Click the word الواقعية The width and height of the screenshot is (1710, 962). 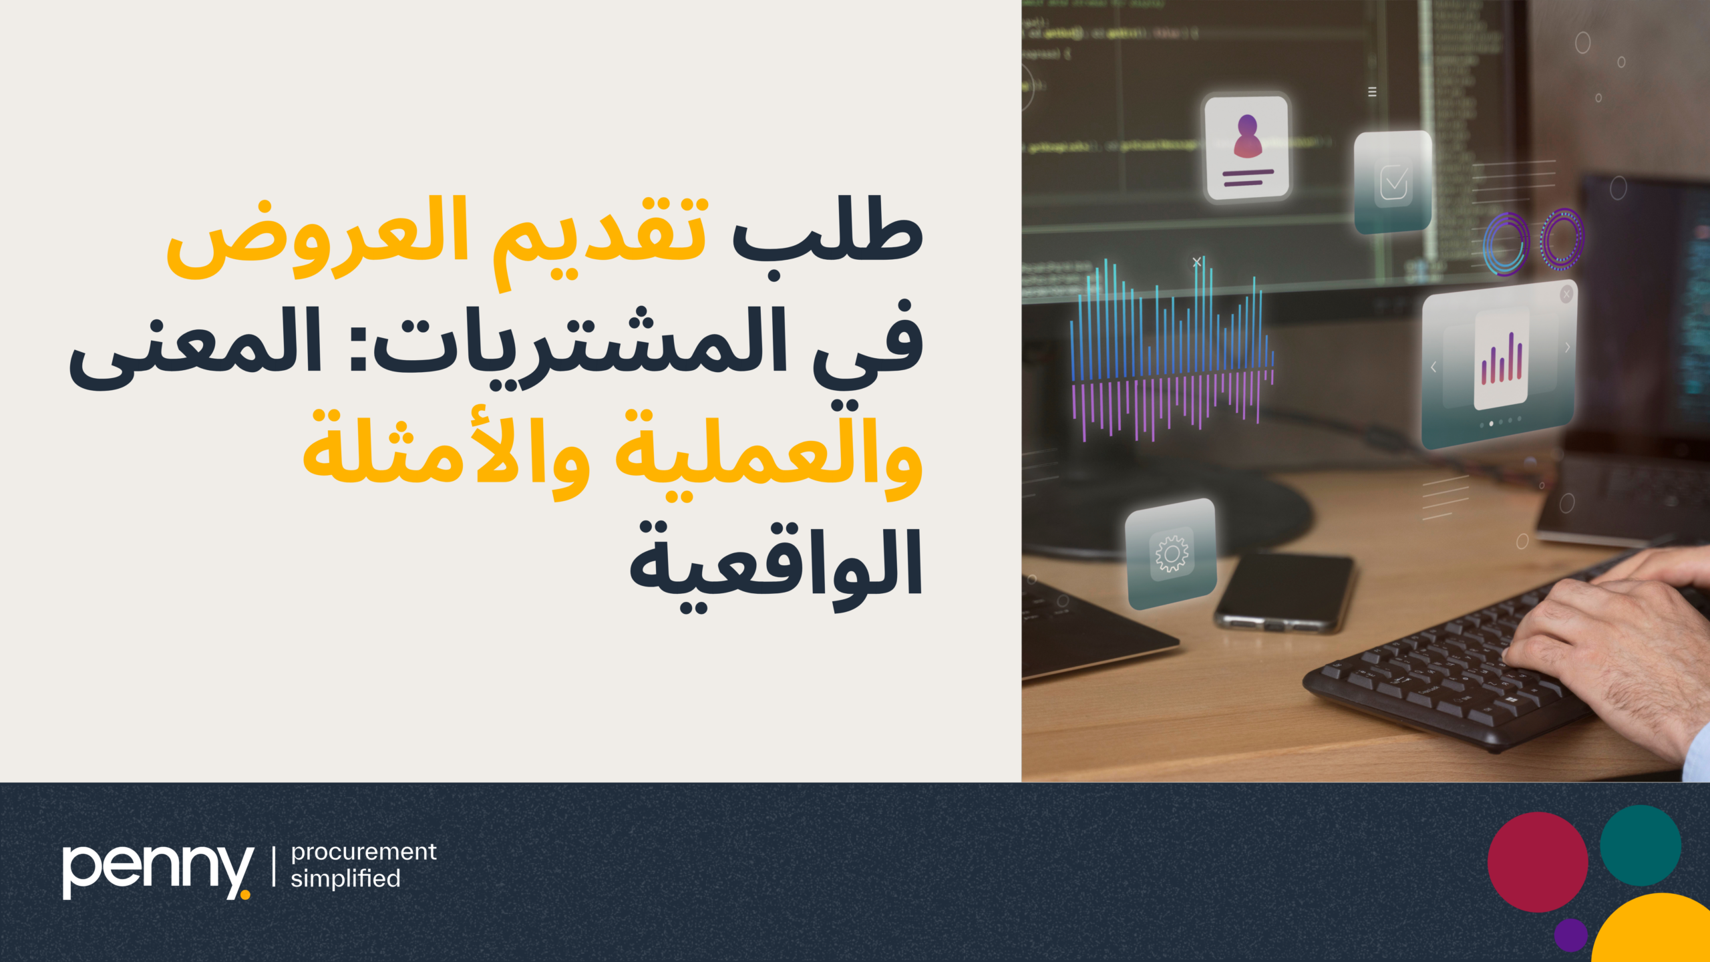pyautogui.click(x=775, y=565)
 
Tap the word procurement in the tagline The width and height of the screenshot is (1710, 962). pyautogui.click(x=363, y=852)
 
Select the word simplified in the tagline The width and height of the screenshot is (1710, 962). pyautogui.click(x=345, y=878)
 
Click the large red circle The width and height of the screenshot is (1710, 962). pyautogui.click(x=1537, y=862)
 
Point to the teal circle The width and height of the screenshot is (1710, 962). pyautogui.click(x=1640, y=845)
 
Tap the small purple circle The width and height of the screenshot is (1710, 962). pyautogui.click(x=1570, y=934)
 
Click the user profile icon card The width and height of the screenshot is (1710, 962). pyautogui.click(x=1246, y=147)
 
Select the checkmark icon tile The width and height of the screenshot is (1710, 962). pyautogui.click(x=1393, y=182)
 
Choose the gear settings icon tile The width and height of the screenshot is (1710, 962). pyautogui.click(x=1171, y=553)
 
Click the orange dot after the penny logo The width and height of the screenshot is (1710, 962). pyautogui.click(x=245, y=895)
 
